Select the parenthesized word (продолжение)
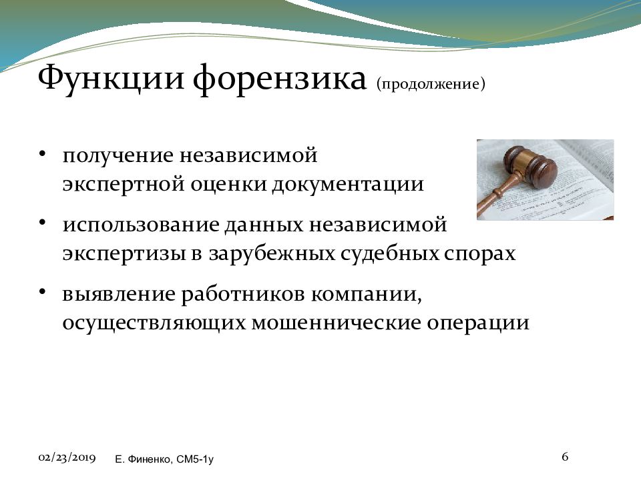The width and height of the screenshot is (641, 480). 431,84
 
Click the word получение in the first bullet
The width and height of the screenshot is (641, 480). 118,156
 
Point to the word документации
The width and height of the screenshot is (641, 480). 348,185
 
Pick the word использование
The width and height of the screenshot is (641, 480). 141,225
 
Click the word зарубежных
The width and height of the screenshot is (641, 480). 272,254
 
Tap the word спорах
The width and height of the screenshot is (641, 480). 479,254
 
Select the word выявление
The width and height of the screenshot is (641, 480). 119,294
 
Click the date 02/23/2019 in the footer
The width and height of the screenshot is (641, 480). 67,458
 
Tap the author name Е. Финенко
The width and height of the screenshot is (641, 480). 144,459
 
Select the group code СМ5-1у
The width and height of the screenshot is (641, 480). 195,459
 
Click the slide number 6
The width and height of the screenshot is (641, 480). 565,456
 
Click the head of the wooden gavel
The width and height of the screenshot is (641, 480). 529,164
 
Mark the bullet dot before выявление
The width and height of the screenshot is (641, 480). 41,292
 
